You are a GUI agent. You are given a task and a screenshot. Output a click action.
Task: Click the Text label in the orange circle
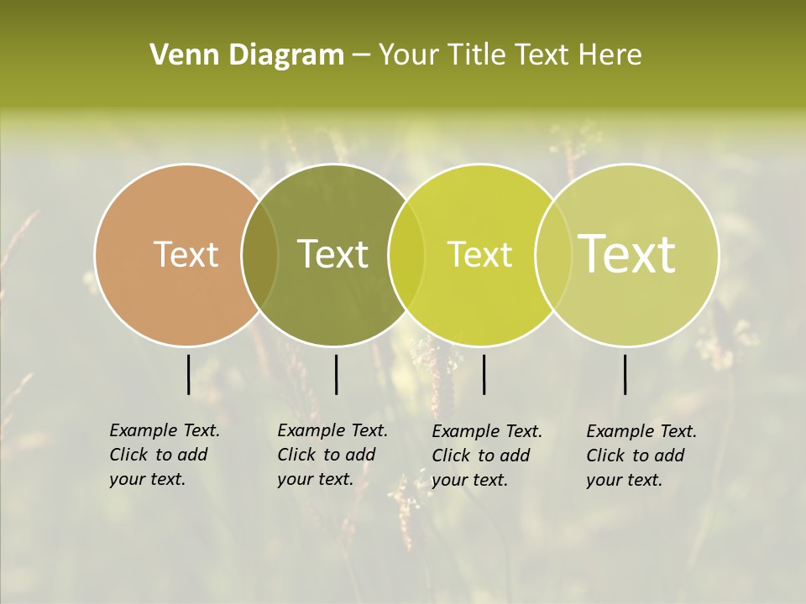(186, 254)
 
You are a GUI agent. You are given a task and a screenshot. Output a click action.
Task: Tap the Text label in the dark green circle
(332, 254)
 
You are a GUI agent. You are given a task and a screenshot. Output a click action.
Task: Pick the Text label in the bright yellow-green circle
(479, 254)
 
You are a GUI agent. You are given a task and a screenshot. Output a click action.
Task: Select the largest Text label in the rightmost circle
(626, 254)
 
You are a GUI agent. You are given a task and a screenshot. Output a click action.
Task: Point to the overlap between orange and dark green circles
(259, 255)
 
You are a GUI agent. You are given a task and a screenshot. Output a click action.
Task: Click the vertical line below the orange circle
(188, 374)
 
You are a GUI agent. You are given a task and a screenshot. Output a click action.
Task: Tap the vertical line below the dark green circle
(336, 374)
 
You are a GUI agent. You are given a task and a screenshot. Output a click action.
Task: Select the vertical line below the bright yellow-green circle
(484, 374)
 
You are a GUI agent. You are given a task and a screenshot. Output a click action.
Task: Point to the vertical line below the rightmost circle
(625, 374)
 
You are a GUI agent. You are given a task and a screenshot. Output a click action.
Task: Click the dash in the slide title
(361, 56)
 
